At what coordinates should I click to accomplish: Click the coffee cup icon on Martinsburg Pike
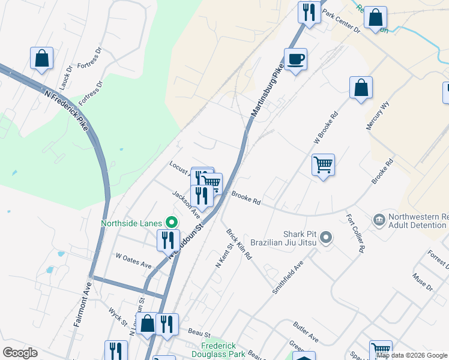point(295,59)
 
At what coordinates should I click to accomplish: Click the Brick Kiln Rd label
point(239,244)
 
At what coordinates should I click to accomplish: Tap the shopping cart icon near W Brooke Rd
point(323,164)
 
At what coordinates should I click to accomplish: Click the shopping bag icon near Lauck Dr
point(41,58)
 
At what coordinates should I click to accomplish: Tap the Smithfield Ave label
point(288,277)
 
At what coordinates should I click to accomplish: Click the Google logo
point(20,353)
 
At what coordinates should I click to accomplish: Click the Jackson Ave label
point(186,204)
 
